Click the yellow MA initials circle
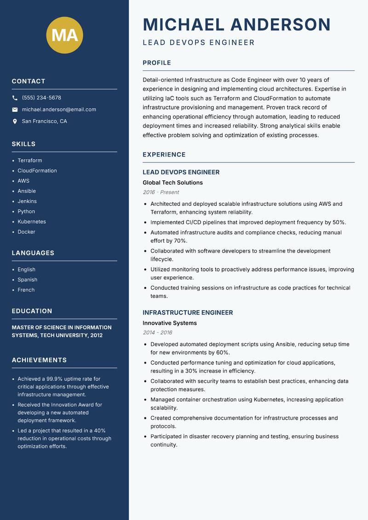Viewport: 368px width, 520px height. tap(65, 35)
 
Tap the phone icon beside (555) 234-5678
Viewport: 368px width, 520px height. tap(15, 98)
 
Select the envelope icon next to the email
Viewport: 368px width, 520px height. tap(15, 110)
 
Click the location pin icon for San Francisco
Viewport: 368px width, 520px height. tap(15, 121)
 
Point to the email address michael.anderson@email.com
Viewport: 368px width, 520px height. tap(59, 110)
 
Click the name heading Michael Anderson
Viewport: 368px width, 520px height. tap(237, 24)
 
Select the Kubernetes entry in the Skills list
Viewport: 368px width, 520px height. tap(32, 222)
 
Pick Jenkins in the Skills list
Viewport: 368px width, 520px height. tap(27, 201)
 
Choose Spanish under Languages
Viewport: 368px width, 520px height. tap(28, 280)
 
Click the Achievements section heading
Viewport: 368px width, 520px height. tap(39, 360)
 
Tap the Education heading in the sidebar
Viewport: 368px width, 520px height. tap(32, 311)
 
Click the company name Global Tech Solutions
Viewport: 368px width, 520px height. tap(172, 183)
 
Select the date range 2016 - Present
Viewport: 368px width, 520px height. tap(161, 192)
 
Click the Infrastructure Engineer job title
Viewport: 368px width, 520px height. tap(188, 312)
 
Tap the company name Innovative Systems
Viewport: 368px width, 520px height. tap(170, 323)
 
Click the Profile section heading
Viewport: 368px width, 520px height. tap(157, 63)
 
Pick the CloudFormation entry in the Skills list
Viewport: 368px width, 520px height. tap(37, 171)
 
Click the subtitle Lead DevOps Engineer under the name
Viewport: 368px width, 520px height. tap(199, 43)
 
